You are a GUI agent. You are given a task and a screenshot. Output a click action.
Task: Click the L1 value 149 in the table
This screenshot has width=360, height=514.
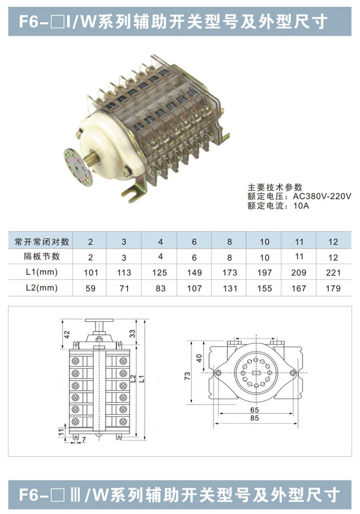pos(194,273)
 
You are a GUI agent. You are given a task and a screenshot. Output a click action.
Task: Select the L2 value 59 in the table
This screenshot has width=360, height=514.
pos(91,288)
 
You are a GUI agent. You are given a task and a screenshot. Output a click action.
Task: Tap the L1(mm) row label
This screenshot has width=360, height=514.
pos(41,272)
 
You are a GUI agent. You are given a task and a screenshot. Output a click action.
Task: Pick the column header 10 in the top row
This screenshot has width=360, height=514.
pos(265,242)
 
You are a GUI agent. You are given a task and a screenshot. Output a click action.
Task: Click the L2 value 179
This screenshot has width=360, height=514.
pos(333,288)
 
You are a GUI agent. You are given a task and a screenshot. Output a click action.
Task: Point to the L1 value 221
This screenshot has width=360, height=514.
pos(333,273)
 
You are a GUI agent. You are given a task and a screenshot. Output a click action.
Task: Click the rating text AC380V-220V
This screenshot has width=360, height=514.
pos(322,196)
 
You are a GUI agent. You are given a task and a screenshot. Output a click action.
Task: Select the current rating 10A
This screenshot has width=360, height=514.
pos(301,206)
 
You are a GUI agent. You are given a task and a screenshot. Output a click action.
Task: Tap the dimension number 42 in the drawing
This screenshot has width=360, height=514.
pos(67,334)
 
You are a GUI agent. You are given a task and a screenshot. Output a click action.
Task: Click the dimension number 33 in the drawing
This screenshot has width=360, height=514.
pos(132,333)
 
